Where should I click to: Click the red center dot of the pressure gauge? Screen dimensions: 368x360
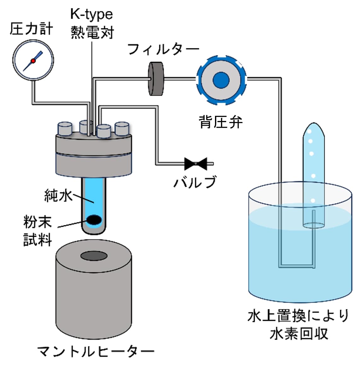[x=33, y=61]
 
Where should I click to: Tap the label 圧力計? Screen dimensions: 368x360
[x=32, y=29]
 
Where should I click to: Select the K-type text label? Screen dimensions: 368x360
[x=91, y=14]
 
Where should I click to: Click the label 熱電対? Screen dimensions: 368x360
[x=92, y=32]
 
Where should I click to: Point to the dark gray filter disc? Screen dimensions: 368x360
[x=156, y=79]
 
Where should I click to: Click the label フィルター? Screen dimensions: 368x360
[x=163, y=49]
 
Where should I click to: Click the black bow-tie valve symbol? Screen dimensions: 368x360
[x=195, y=163]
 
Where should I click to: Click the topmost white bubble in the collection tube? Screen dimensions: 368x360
[x=310, y=131]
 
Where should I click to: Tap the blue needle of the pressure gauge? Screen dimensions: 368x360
[x=37, y=57]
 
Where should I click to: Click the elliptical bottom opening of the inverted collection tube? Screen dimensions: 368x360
[x=313, y=225]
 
